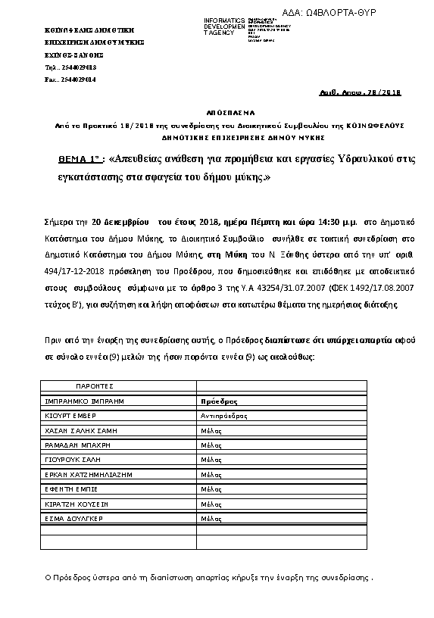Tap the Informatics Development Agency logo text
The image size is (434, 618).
coord(223,26)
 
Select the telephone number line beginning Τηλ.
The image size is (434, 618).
coord(70,67)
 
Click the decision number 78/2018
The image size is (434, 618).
coord(386,92)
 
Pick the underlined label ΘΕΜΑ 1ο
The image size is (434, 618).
coord(80,160)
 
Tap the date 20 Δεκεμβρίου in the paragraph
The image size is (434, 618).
coord(121,223)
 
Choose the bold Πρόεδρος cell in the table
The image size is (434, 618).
coord(219,401)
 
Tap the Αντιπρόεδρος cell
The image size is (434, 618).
coord(223,416)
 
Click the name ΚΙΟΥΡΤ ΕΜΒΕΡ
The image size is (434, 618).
coord(74,415)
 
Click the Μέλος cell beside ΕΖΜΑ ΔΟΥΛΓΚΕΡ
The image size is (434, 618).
coord(211,519)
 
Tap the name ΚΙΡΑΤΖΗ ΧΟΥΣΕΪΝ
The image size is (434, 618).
coord(78,504)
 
